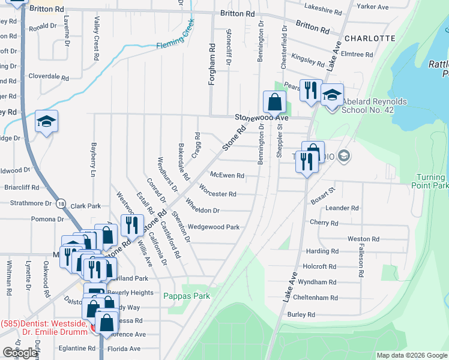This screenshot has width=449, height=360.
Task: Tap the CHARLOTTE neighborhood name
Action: [x=370, y=38]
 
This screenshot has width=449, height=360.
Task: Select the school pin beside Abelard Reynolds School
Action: [x=332, y=95]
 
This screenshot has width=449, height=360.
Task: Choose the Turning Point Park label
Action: [x=432, y=182]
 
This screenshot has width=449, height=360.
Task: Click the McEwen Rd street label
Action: [x=227, y=176]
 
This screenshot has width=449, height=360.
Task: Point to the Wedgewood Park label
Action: [x=214, y=227]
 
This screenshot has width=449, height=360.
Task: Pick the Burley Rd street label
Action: [x=301, y=314]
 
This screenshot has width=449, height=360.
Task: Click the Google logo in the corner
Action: [x=20, y=353]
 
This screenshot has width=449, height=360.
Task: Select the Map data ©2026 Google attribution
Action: [x=412, y=355]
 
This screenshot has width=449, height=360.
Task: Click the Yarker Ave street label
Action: [x=373, y=7]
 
